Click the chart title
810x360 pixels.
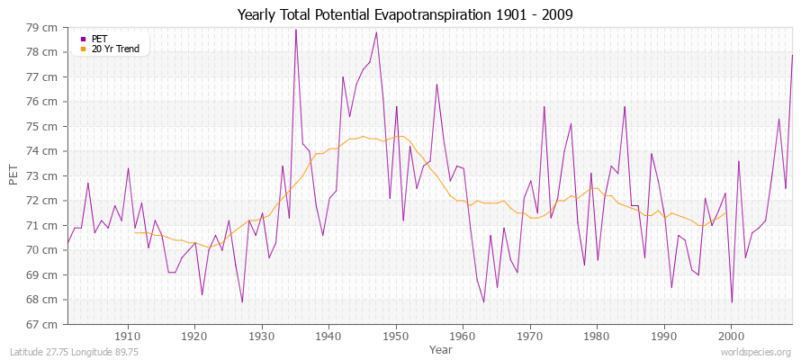coord(405,14)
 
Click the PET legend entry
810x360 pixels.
coord(101,39)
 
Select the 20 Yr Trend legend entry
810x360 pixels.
coord(115,49)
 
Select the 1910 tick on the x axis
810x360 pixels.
coord(128,336)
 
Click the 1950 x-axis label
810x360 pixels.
coord(396,336)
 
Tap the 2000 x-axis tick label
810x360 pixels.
coord(731,336)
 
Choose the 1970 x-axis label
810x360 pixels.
coord(530,336)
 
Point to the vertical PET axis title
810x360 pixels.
coord(13,175)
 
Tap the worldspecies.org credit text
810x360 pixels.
coord(756,352)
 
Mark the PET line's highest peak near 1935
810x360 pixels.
coord(295,30)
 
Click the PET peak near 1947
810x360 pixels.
coord(376,32)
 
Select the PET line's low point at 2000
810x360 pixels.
coord(732,302)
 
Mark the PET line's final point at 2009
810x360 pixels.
coord(792,56)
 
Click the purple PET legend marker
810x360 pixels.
coord(83,39)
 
